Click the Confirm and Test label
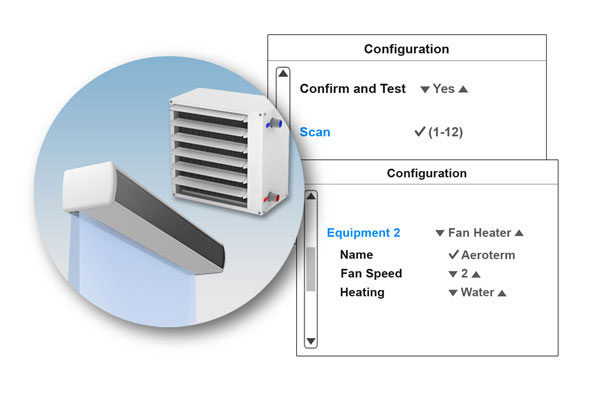tap(352, 88)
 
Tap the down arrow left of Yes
tap(425, 89)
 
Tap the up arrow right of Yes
tap(463, 89)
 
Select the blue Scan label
tap(315, 131)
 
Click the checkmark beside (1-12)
tap(419, 131)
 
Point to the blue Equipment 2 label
tap(363, 233)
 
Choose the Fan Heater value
tap(479, 233)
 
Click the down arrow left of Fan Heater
tap(440, 233)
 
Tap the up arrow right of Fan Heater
tap(518, 233)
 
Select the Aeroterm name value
tap(488, 255)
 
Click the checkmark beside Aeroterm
tap(453, 255)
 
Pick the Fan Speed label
tap(371, 273)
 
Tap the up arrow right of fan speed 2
tap(476, 274)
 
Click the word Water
tap(477, 293)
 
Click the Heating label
tap(362, 292)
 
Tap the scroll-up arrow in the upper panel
tap(283, 73)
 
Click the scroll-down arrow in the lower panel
tap(310, 341)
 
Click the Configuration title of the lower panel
tap(426, 173)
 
